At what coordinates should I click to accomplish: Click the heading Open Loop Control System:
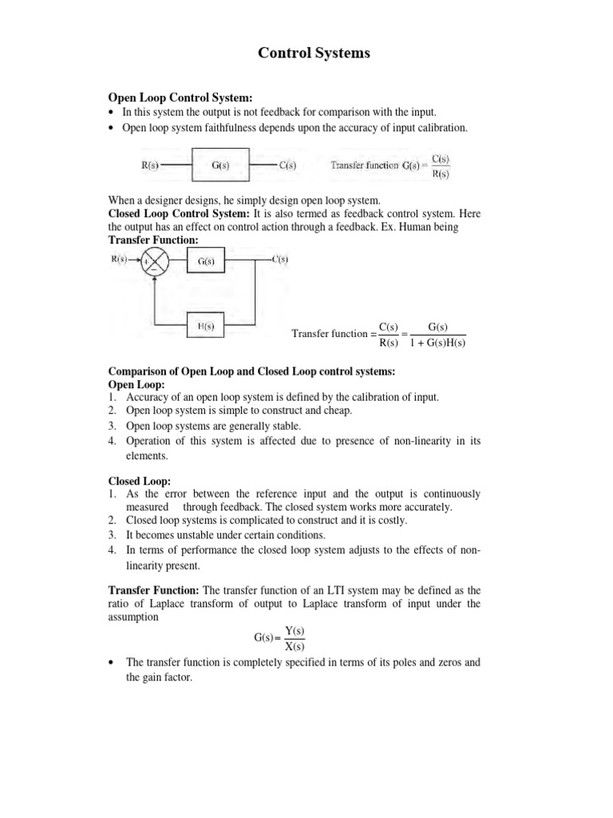pyautogui.click(x=168, y=97)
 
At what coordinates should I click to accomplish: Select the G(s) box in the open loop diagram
pyautogui.click(x=221, y=166)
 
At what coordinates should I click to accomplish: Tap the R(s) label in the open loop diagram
pyautogui.click(x=150, y=166)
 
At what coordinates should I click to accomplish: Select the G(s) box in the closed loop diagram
pyautogui.click(x=206, y=260)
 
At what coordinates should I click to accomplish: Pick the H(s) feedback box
pyautogui.click(x=205, y=326)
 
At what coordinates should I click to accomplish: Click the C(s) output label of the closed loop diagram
pyautogui.click(x=280, y=259)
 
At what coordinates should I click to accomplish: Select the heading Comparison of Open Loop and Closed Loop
pyautogui.click(x=251, y=371)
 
